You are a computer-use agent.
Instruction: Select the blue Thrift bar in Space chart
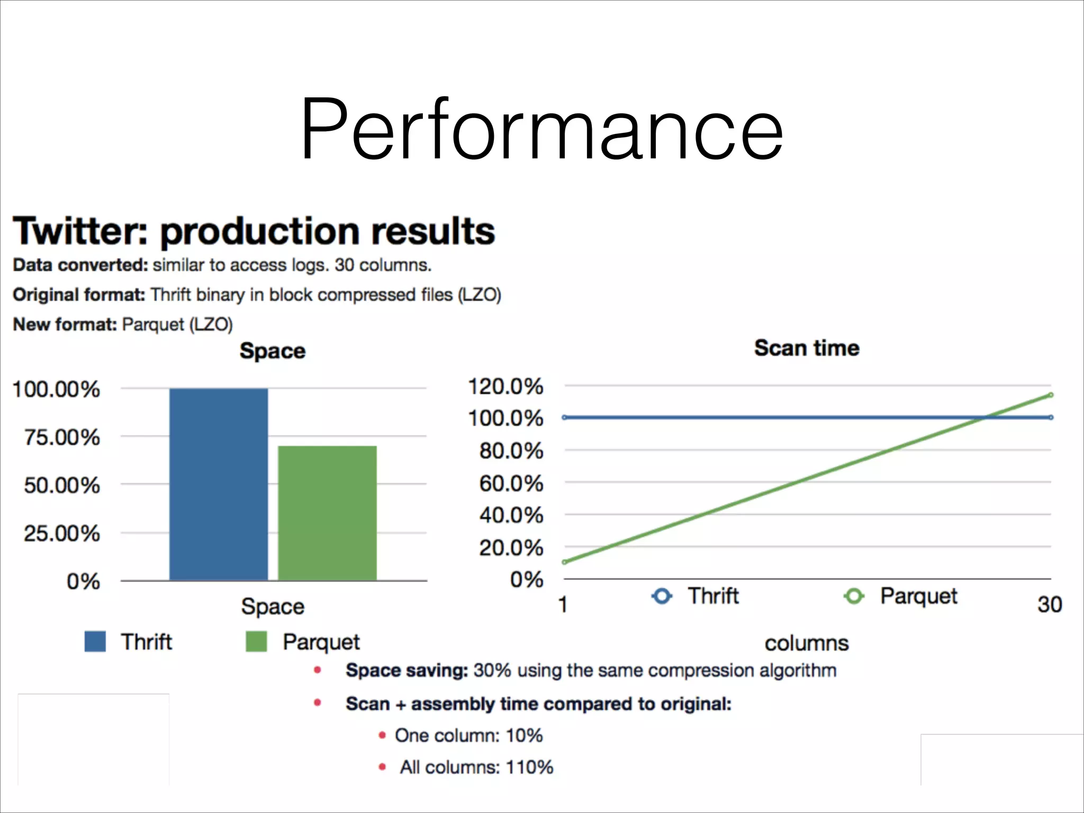click(x=218, y=484)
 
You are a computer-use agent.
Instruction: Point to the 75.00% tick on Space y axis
click(x=61, y=437)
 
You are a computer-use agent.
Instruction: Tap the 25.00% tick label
click(x=61, y=533)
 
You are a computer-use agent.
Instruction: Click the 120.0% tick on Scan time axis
click(x=505, y=386)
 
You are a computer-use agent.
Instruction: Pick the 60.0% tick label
click(x=511, y=483)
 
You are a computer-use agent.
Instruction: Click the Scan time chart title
click(x=806, y=348)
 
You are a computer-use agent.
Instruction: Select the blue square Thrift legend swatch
click(x=95, y=641)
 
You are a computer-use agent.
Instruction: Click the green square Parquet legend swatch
click(x=256, y=641)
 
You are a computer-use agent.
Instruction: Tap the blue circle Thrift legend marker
click(x=662, y=596)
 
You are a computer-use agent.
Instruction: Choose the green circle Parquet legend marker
click(x=853, y=596)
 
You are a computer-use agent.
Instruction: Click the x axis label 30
click(x=1049, y=604)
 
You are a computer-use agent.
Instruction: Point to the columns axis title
click(x=806, y=643)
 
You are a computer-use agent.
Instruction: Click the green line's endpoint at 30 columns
click(x=1051, y=395)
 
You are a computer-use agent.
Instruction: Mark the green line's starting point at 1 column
click(x=565, y=562)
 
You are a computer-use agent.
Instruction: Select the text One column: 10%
click(x=468, y=735)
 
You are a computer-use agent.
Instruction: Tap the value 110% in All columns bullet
click(x=529, y=767)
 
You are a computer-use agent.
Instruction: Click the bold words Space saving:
click(x=406, y=670)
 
